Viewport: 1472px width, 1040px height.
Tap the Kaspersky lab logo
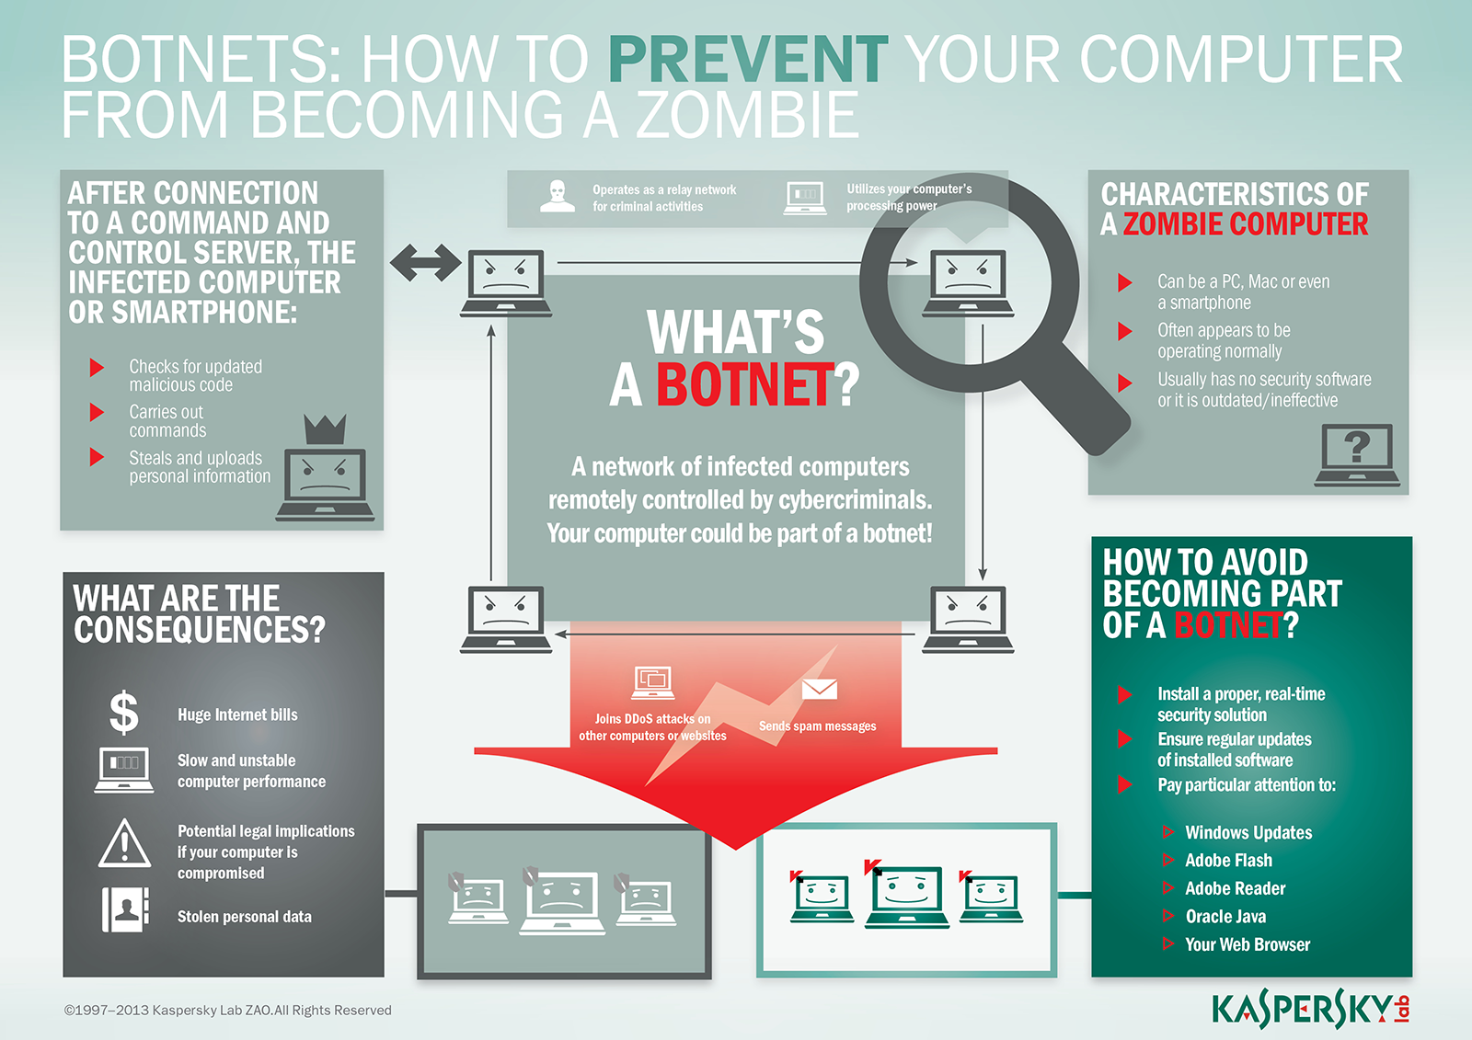point(1310,1009)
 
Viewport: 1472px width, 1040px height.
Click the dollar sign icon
point(123,712)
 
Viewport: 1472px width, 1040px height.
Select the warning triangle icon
point(124,843)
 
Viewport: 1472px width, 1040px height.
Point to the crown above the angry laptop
point(326,429)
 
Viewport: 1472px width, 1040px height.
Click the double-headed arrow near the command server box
point(426,263)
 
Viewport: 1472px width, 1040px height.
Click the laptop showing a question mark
point(1357,455)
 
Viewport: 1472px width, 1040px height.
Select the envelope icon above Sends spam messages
point(820,689)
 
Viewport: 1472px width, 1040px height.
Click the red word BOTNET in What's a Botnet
point(745,385)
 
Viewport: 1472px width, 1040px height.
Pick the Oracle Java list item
point(1225,917)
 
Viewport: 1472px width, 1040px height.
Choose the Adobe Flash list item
point(1228,860)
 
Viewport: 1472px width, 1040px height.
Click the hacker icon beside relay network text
point(558,196)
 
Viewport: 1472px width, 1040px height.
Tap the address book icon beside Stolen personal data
point(125,910)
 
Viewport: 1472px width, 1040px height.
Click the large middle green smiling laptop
point(907,897)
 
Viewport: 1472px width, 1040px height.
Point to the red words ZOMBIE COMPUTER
point(1246,224)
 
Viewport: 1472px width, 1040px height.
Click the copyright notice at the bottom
point(227,1011)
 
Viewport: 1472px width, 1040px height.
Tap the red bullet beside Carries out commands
point(97,413)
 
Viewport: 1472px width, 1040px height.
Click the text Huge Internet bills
point(237,714)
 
